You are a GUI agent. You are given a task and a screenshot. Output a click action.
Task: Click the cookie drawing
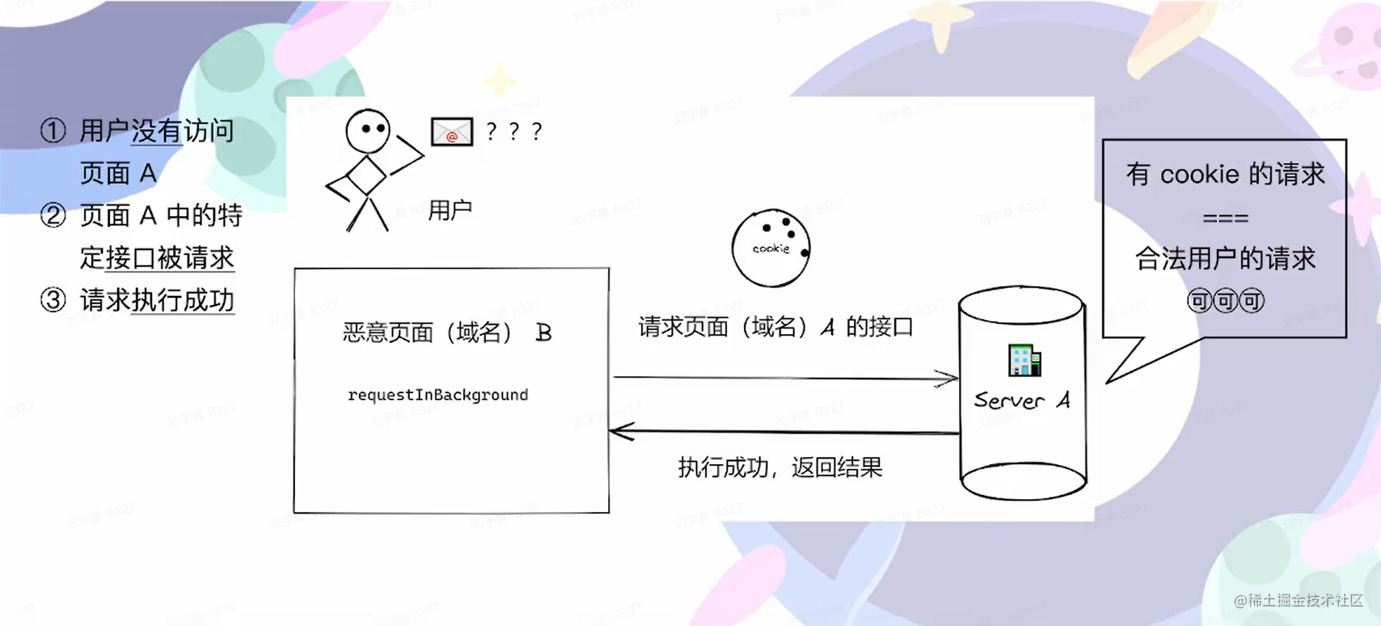pos(771,248)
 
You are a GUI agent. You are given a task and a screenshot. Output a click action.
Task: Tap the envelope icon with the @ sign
pos(451,132)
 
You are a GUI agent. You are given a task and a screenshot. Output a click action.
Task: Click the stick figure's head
pos(368,130)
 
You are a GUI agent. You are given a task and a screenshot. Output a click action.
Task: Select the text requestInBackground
pos(437,395)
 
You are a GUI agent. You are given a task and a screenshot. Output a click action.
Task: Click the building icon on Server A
pos(1024,360)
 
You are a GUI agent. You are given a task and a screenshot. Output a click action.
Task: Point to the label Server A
pos(1022,400)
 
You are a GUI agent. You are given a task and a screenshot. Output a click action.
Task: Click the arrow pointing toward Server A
pos(784,378)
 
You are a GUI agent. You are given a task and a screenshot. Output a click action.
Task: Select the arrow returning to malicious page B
pos(784,432)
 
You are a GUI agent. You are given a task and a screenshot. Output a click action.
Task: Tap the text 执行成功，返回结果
pos(779,467)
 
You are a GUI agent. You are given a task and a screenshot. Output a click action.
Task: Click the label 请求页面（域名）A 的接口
pos(775,327)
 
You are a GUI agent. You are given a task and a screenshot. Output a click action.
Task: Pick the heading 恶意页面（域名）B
pos(447,332)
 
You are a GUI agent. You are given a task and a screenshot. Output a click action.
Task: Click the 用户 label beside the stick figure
pos(450,210)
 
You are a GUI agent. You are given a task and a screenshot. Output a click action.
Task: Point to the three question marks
pos(514,132)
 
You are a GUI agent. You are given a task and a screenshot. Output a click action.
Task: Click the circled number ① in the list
pos(53,131)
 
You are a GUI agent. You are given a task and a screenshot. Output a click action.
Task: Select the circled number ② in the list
pos(53,216)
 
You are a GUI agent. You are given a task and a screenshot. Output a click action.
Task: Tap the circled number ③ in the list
pos(53,300)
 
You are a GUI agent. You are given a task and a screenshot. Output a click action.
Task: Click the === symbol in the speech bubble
pos(1225,218)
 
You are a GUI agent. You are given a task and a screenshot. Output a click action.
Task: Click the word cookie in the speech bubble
pos(1199,175)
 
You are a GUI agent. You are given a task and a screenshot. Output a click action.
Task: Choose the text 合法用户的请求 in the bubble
pos(1225,259)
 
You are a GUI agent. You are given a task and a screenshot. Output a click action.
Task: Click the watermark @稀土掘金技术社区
pos(1299,600)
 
